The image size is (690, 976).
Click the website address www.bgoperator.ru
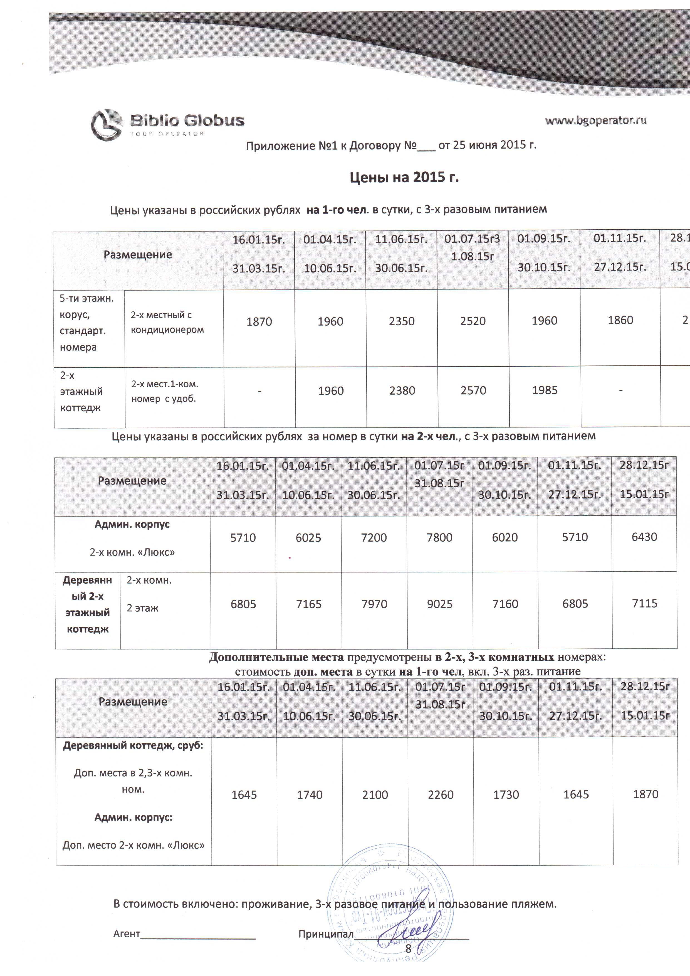[x=595, y=120]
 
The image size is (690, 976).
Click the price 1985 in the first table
[x=545, y=390]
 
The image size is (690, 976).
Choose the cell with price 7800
[x=439, y=537]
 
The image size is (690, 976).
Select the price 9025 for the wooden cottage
[x=440, y=604]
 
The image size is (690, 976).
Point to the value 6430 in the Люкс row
[x=644, y=537]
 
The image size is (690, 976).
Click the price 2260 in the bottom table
[x=441, y=795]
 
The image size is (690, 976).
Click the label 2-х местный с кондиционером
[x=167, y=322]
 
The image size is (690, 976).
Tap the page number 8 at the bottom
[x=408, y=948]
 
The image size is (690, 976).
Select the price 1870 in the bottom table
[x=646, y=794]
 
